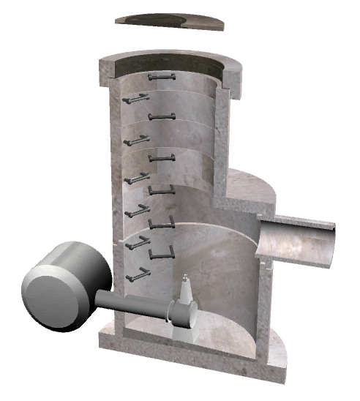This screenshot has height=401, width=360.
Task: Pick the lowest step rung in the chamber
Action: pyautogui.click(x=136, y=275)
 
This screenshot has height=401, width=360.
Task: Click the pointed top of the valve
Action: pyautogui.click(x=186, y=277)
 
